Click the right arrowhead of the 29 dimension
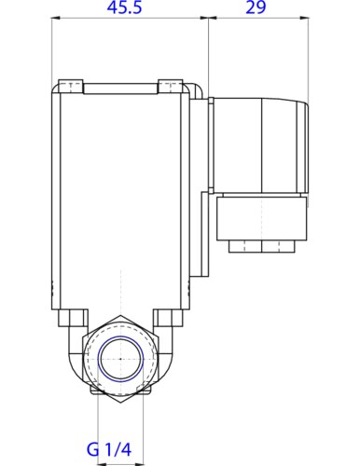pyautogui.click(x=306, y=19)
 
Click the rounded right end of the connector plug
pyautogui.click(x=306, y=144)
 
